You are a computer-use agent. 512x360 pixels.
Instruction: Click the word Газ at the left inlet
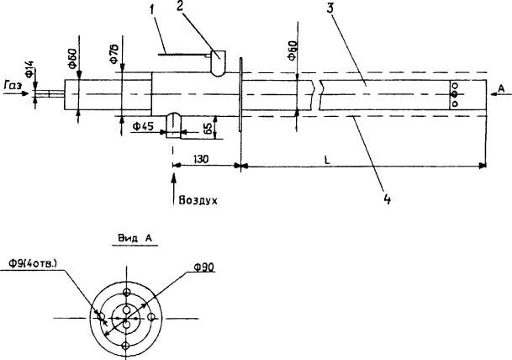coord(13,86)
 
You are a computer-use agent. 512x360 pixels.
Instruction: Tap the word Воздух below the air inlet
coord(198,200)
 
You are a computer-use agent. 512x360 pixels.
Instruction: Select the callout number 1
coord(151,10)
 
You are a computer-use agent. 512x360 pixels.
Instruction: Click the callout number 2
coord(180,6)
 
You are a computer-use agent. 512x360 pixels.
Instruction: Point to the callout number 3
coord(330,8)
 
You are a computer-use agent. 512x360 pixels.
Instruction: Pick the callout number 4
coord(387,199)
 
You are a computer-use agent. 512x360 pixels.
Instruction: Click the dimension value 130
coord(201,159)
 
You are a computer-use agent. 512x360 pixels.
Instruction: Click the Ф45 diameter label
coord(143,126)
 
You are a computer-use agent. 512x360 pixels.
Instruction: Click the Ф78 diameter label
coord(114,54)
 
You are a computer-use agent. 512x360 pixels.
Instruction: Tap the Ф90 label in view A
coord(204,267)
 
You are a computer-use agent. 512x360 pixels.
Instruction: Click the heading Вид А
coord(135,239)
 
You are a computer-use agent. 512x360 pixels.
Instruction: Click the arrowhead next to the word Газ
coord(25,93)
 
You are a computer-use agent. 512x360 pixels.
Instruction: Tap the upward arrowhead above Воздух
coord(173,179)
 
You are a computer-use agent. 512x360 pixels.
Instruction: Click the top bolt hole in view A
coord(126,292)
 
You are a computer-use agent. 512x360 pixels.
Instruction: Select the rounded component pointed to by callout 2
coord(218,63)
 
